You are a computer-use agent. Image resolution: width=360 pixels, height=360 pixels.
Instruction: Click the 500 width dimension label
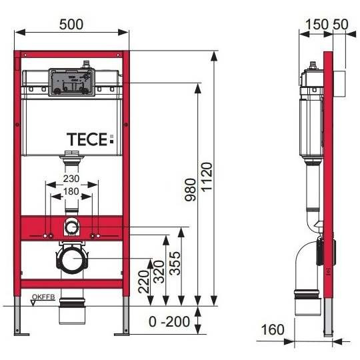71,25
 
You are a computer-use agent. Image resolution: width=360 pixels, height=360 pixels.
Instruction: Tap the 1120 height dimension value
207,177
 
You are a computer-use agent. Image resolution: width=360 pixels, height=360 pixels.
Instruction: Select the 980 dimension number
190,189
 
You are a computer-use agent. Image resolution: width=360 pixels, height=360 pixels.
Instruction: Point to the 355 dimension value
175,263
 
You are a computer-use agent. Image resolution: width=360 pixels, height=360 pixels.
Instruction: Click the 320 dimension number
159,271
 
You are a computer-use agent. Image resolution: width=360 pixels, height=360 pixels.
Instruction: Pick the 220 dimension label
144,282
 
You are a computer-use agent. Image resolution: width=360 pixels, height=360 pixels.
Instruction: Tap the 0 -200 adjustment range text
169,321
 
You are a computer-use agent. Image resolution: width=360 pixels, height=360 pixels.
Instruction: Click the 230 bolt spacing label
71,179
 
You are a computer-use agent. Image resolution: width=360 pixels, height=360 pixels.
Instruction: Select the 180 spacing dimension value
71,191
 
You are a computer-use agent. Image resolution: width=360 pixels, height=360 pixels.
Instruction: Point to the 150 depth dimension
317,25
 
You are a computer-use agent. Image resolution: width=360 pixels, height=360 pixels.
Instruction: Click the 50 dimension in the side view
341,25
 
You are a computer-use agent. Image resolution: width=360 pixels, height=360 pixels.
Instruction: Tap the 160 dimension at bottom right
273,329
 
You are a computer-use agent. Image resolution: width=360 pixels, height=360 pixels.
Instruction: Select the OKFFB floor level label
43,297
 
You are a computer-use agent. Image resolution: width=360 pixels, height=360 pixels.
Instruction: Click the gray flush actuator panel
71,82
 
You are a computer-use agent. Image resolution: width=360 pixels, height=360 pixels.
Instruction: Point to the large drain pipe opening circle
72,259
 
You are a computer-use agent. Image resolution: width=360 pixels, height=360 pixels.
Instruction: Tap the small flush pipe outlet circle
72,227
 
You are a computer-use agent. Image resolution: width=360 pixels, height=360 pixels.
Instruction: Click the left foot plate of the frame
22,334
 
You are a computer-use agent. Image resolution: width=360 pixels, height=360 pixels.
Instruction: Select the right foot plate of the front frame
122,334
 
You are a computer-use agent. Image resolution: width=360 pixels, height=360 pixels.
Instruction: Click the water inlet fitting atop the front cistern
86,64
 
